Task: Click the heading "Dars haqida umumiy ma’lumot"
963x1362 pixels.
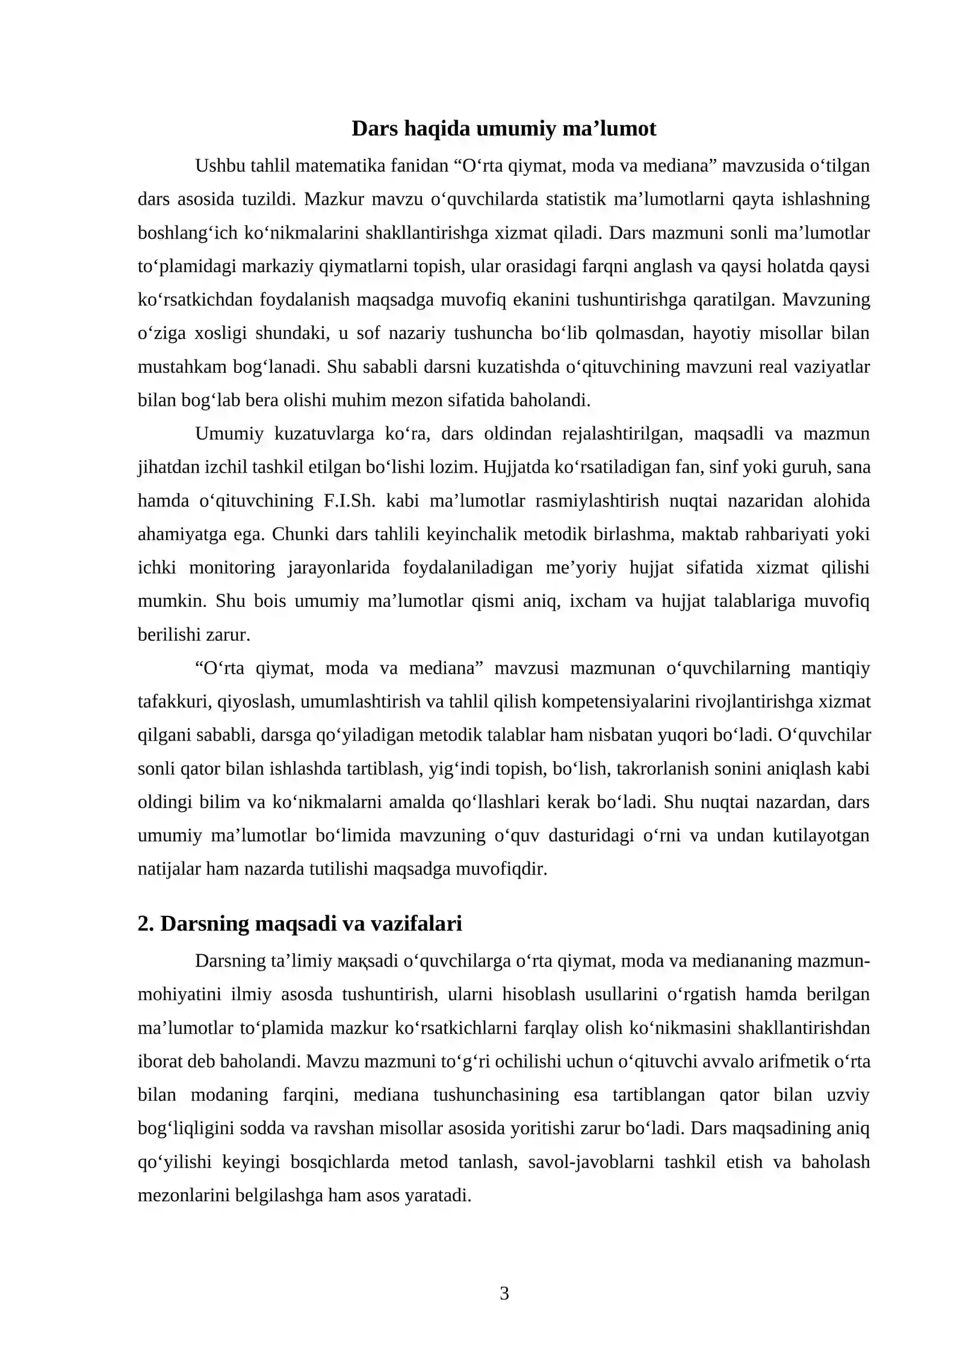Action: pyautogui.click(x=503, y=129)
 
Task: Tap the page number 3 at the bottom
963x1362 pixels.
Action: pyautogui.click(x=504, y=1293)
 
